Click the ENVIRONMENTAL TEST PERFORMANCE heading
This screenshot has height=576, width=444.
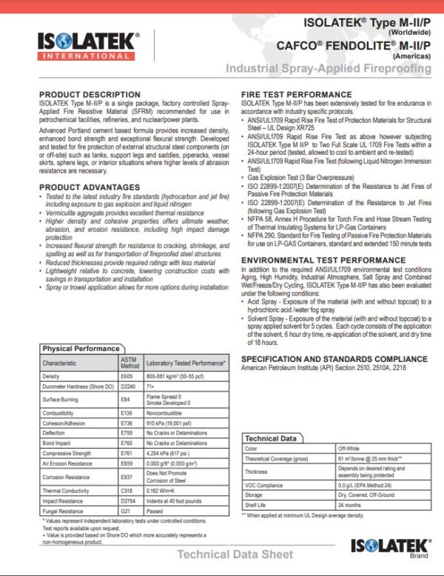323,261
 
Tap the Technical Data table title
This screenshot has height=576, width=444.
271,438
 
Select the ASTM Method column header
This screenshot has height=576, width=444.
129,362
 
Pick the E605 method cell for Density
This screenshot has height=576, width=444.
127,376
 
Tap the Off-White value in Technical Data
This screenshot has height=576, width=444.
349,449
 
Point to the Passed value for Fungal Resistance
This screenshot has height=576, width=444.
155,511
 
